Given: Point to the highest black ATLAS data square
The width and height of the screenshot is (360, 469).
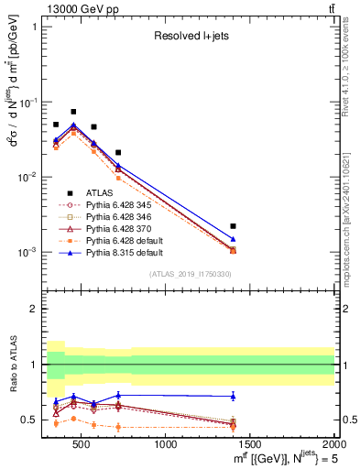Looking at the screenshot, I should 73,112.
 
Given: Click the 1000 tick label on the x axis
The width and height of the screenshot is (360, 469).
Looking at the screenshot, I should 166,445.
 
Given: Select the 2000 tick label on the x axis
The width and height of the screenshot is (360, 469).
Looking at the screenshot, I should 333,445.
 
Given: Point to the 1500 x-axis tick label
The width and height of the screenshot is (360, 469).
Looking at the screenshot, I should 250,445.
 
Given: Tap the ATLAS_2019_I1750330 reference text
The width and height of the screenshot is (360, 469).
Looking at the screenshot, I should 190,274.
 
